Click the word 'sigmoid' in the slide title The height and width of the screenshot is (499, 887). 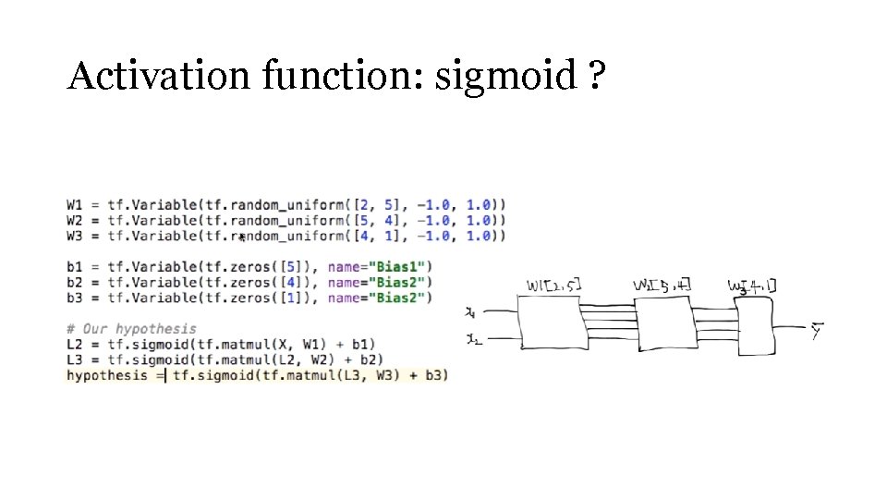point(505,77)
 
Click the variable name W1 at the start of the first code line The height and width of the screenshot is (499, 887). point(75,204)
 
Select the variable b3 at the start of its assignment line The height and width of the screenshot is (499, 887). point(75,298)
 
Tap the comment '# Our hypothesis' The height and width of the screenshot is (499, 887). point(130,328)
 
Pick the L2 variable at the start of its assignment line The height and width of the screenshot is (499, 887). point(75,344)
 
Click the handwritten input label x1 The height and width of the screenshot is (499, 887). point(471,311)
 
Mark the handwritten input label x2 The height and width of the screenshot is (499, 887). point(473,340)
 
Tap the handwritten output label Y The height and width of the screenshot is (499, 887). point(817,330)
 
